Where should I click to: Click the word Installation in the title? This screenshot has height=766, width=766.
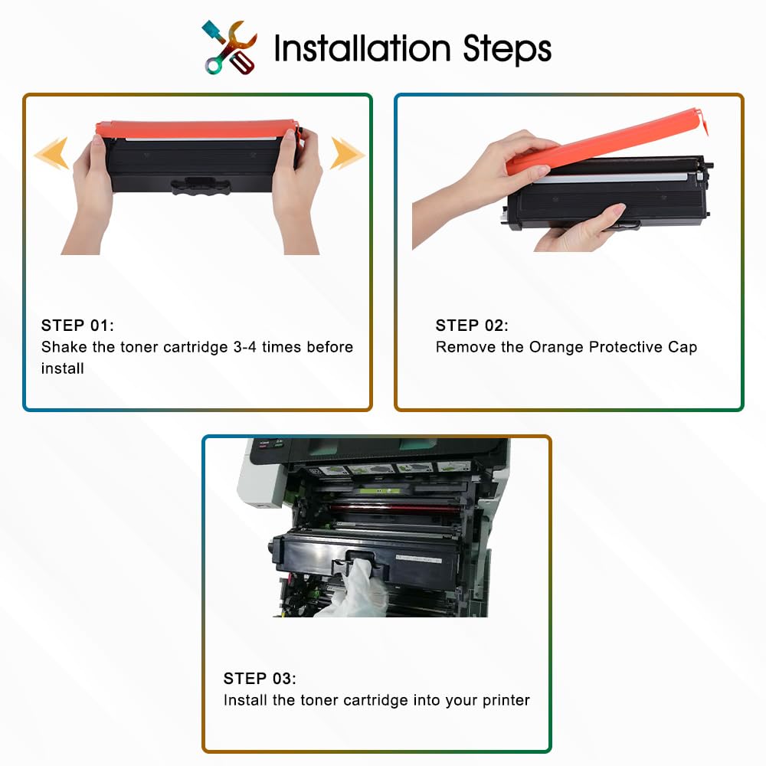tap(362, 48)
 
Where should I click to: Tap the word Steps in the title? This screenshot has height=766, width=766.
tap(507, 51)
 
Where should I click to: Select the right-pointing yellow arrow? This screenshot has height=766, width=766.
tap(347, 153)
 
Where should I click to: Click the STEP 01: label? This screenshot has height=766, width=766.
tap(77, 326)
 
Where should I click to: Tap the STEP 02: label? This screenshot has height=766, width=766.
tap(472, 326)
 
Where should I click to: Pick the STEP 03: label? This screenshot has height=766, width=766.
tap(260, 679)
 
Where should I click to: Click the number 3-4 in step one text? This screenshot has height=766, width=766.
tap(245, 347)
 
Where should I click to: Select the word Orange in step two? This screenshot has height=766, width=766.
tap(556, 347)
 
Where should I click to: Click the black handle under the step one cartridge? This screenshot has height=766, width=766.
tap(200, 185)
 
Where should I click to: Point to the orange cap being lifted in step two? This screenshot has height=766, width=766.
tap(606, 141)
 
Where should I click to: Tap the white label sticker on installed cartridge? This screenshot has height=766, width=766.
tap(419, 559)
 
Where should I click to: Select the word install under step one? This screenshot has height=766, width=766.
tap(63, 368)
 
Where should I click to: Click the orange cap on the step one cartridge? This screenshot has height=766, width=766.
tap(197, 129)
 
